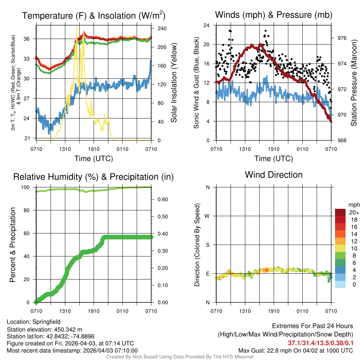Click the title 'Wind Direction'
[274, 175]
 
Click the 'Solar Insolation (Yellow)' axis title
[174, 83]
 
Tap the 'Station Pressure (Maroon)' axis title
[354, 83]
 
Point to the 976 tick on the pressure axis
[342, 38]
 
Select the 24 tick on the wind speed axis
[206, 25]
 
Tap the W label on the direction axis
[207, 216]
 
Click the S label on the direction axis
[208, 245]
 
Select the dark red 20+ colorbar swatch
[340, 212]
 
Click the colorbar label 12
[352, 241]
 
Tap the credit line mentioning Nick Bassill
[180, 357]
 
